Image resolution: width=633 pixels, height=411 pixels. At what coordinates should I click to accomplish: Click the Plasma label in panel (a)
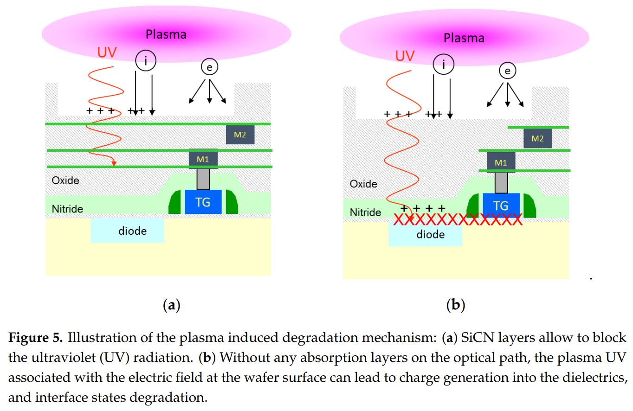(x=166, y=34)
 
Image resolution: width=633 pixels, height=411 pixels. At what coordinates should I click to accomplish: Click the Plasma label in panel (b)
(x=464, y=38)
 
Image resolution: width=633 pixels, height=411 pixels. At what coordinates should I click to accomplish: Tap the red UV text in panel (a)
(x=107, y=52)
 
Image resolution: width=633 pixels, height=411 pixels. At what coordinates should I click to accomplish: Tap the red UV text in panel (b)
(x=405, y=56)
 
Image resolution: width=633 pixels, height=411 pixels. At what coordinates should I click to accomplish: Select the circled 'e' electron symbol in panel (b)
(x=507, y=71)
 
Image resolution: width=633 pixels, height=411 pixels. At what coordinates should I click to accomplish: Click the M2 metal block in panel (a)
(x=240, y=135)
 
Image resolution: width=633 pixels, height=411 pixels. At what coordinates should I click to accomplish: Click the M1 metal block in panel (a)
(x=203, y=159)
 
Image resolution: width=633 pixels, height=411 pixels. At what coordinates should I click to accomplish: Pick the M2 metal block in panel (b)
(x=537, y=138)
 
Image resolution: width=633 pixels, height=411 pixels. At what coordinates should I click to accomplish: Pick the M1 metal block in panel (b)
(x=501, y=162)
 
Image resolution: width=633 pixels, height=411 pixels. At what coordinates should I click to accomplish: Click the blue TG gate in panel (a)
(x=203, y=202)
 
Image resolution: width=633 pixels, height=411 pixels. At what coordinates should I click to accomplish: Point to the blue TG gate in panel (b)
(x=501, y=205)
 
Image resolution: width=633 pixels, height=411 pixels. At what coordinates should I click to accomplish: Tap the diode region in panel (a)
(x=127, y=231)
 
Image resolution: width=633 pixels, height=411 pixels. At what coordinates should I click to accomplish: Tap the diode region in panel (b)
(x=425, y=234)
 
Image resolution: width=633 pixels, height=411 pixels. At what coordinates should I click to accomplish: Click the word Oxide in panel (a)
(x=65, y=180)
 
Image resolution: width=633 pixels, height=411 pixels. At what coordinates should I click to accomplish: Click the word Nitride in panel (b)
(x=365, y=212)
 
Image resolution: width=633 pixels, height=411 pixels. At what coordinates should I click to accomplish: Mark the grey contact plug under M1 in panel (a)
(x=203, y=179)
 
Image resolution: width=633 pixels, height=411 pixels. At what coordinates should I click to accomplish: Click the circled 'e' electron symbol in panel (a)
(x=209, y=68)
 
